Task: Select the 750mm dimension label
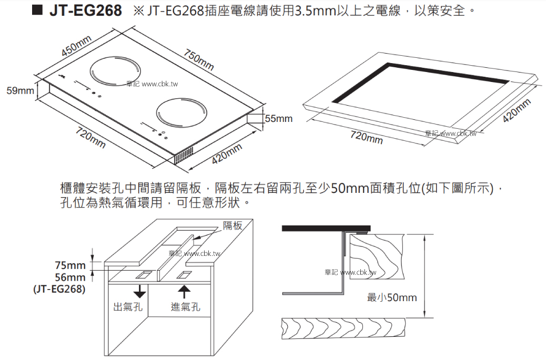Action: pyautogui.click(x=199, y=59)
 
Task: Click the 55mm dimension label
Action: pyautogui.click(x=278, y=119)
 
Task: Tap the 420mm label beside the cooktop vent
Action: pyautogui.click(x=227, y=153)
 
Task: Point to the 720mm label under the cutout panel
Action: pyautogui.click(x=367, y=138)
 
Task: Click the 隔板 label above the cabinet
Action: pyautogui.click(x=232, y=225)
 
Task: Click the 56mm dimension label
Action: pyautogui.click(x=69, y=277)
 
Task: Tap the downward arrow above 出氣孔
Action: pyautogui.click(x=139, y=291)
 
